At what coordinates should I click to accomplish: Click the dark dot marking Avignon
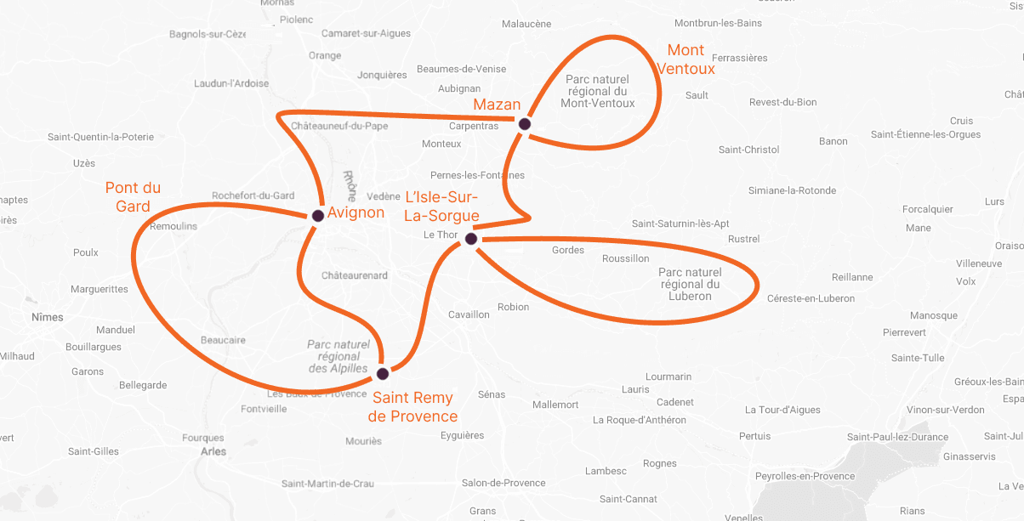coord(318,216)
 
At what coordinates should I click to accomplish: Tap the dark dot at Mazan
coord(525,124)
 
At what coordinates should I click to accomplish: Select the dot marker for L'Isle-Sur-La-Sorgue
coord(471,240)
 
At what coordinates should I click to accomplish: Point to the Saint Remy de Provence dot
coord(383,374)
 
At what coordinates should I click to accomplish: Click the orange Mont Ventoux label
coord(686,59)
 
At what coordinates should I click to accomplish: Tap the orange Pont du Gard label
coord(133,197)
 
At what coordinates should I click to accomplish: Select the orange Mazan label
coord(497,105)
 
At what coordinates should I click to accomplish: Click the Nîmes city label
coord(47,317)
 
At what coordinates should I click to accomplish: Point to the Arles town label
coord(213,451)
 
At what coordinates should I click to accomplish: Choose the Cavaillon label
coord(469,314)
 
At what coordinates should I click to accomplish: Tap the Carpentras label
coord(474,126)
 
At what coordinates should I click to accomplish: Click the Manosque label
coord(933,315)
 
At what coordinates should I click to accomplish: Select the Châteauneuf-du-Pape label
coord(339,126)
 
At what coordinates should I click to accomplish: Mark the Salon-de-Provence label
coord(503,483)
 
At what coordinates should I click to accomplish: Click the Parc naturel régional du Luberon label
coord(690,284)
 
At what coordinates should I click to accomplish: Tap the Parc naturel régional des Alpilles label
coord(338,357)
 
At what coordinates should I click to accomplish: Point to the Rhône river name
coord(350,185)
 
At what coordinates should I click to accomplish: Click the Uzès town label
coord(84,162)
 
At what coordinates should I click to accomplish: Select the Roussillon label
coord(625,258)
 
